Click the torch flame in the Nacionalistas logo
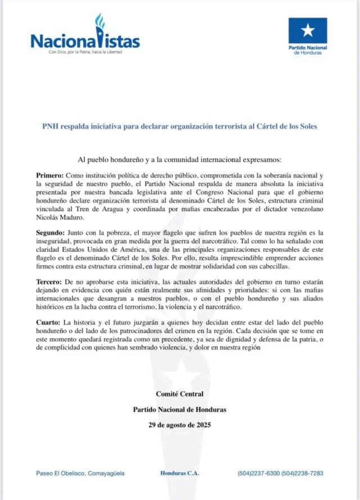coord(100,21)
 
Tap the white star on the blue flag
coord(308,30)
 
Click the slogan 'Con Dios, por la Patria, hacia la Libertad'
coord(84,52)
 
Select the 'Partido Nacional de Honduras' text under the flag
coord(308,51)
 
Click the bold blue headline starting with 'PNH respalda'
coord(180,126)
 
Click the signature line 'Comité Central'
coord(180,394)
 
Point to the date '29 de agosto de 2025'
coord(180,424)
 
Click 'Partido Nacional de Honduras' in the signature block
coord(180,409)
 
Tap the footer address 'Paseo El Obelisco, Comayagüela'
coord(80,474)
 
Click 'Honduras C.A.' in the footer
coord(179,474)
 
